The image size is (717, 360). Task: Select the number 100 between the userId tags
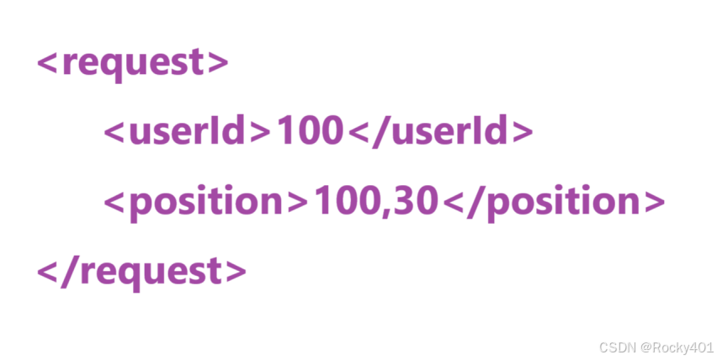coord(309,131)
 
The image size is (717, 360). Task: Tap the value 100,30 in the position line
coord(375,202)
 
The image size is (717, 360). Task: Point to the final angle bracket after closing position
coord(653,202)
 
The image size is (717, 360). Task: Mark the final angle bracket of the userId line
coord(523,131)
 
